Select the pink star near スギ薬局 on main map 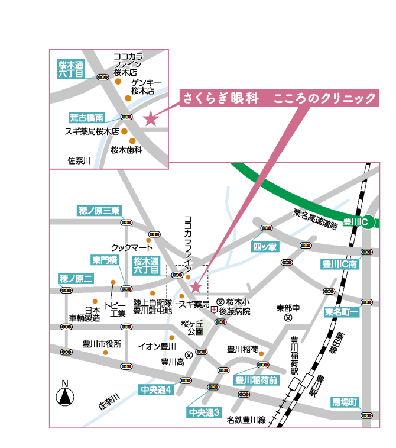[x=196, y=287]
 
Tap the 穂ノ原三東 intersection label [x=99, y=211]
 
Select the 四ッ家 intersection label [x=265, y=247]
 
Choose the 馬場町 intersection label [x=345, y=402]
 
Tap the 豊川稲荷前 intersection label [x=257, y=380]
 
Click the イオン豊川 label [x=157, y=347]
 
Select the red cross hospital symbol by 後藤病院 [x=214, y=309]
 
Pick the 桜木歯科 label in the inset [x=126, y=150]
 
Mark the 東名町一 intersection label [x=342, y=312]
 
